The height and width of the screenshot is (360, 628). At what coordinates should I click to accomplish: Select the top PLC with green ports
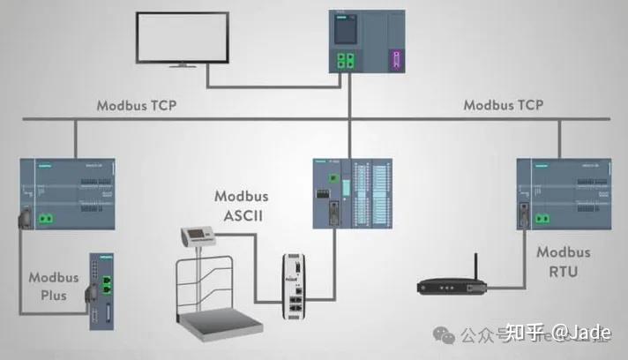coord(366,41)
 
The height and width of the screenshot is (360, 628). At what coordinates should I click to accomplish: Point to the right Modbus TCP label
coord(504,106)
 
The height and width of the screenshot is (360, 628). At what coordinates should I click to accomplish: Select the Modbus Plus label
coord(54,286)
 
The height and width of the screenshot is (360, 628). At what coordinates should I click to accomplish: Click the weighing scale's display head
coord(198,236)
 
